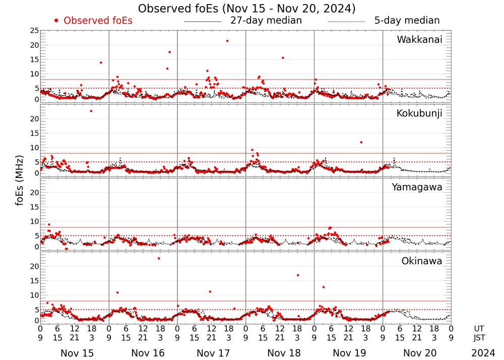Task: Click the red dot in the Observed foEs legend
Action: [56, 21]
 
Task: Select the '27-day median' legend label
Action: [266, 21]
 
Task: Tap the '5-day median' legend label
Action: [407, 21]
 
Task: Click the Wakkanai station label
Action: [419, 40]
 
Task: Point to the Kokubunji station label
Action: [419, 113]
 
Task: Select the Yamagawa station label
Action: [417, 188]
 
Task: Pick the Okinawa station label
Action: [421, 261]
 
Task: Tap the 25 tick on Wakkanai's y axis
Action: [34, 31]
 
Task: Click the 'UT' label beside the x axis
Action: [479, 328]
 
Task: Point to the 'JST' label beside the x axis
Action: [479, 338]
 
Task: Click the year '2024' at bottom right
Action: [482, 353]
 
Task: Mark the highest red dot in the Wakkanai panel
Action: [227, 41]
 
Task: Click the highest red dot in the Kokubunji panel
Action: [91, 111]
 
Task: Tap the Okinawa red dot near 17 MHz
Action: [298, 275]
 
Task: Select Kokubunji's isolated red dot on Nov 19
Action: [361, 142]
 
